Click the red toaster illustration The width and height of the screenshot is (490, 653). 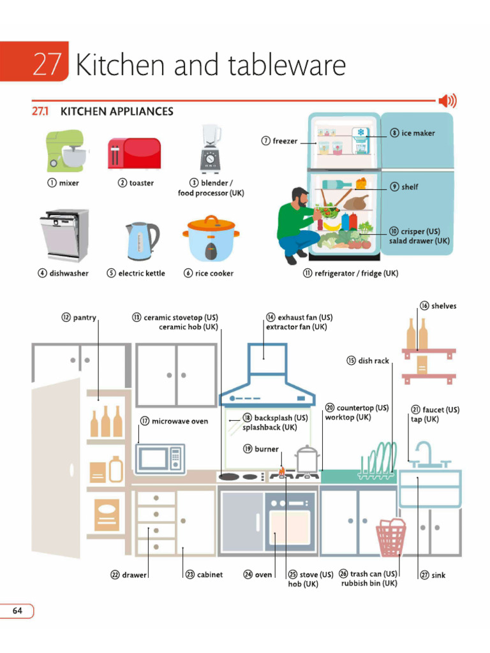(134, 153)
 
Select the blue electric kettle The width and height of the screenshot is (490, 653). (141, 240)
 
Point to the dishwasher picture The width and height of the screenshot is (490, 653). (64, 235)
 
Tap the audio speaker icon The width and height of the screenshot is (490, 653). (447, 101)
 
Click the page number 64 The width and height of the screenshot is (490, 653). (17, 611)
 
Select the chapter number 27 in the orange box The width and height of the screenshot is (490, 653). (47, 65)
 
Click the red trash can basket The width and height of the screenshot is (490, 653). (392, 537)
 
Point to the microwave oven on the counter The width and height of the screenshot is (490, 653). (161, 458)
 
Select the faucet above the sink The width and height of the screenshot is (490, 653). (424, 454)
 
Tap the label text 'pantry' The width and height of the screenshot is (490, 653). (84, 317)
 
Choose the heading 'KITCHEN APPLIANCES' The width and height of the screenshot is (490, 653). (116, 112)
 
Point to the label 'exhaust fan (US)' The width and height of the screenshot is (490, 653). (305, 317)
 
